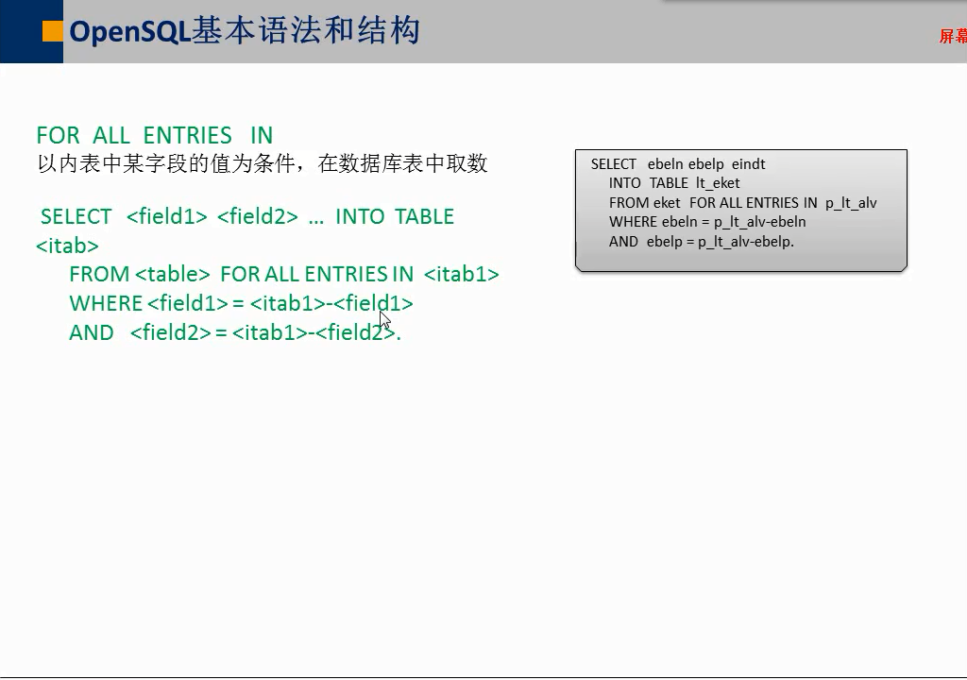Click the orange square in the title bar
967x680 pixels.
(53, 31)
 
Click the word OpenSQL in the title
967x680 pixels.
(129, 31)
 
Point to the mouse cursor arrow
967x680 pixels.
(385, 321)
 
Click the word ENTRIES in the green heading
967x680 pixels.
(188, 135)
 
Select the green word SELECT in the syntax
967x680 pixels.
(76, 216)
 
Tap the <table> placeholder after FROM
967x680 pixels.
(173, 274)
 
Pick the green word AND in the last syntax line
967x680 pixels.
(92, 332)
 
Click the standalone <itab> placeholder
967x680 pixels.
(67, 246)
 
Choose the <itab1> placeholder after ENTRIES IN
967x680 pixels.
(461, 274)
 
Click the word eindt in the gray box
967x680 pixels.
(749, 164)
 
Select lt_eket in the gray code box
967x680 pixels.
(718, 183)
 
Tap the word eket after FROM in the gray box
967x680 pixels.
(667, 203)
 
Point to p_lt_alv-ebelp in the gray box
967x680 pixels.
(746, 242)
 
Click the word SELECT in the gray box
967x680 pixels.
(613, 164)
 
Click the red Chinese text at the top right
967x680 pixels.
(953, 36)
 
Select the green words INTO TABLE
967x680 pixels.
(395, 216)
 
